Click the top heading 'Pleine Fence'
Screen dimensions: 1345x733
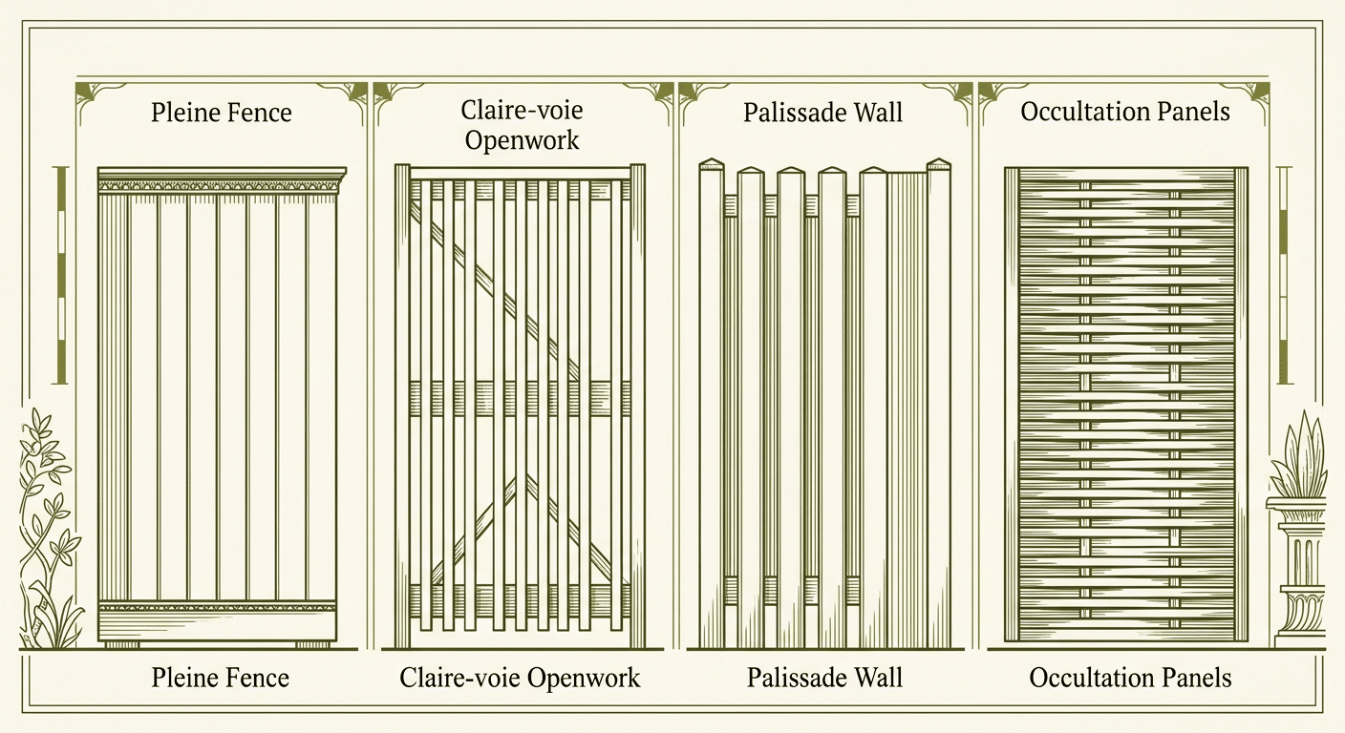(x=221, y=113)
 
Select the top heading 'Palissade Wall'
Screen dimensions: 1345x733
(x=822, y=113)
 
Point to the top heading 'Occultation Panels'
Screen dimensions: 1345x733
(x=1125, y=112)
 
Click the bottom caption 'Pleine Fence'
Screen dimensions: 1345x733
(x=221, y=678)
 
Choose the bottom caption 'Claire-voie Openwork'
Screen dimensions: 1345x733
(x=520, y=678)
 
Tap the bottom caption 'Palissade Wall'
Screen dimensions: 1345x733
(x=824, y=678)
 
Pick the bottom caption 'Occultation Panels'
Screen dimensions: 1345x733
(x=1130, y=678)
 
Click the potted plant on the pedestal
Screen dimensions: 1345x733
(x=1298, y=456)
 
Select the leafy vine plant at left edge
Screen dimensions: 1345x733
(x=47, y=528)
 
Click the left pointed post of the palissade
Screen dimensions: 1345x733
(x=712, y=403)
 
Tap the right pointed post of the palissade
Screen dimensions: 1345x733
(x=939, y=403)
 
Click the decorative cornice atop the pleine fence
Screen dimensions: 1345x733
(x=223, y=180)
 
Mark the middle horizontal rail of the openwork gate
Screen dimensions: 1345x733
(x=520, y=398)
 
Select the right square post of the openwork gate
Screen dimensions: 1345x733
(x=638, y=406)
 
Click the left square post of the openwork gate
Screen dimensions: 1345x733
(x=402, y=406)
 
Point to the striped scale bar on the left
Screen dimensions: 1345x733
(x=60, y=275)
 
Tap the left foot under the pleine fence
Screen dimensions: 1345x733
(x=122, y=645)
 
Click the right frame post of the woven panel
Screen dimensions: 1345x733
(x=1241, y=405)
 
